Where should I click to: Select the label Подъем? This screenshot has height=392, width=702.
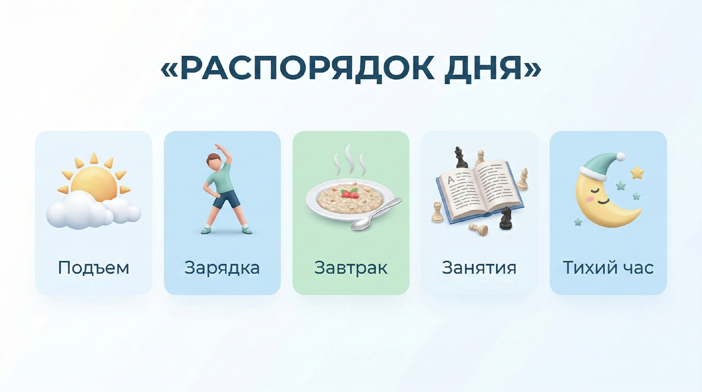[x=94, y=268]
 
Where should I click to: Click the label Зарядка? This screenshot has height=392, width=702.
[x=222, y=268]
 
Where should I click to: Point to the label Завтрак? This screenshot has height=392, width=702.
[x=351, y=268]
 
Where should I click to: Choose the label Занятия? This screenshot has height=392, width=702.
[x=479, y=268]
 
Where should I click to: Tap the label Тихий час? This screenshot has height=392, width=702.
[x=608, y=268]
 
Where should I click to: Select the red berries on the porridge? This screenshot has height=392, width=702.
[x=350, y=193]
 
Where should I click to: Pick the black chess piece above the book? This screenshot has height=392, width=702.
[x=460, y=157]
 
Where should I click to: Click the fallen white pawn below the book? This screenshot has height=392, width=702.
[x=479, y=230]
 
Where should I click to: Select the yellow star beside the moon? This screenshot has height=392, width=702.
[x=636, y=173]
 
